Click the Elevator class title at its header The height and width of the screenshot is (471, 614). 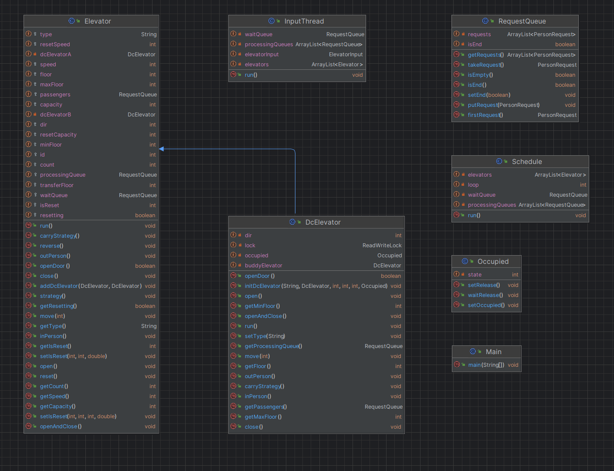pos(98,21)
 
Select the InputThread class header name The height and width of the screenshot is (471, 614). pos(304,21)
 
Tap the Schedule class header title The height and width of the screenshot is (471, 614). pos(527,161)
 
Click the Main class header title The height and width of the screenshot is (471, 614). pos(494,352)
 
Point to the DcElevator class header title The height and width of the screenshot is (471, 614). pos(323,222)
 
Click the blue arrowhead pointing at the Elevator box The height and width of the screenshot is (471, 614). pos(162,149)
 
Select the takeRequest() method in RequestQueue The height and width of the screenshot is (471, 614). pos(486,65)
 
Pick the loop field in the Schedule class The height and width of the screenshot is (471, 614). pos(473,185)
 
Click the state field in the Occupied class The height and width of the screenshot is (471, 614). pos(475,274)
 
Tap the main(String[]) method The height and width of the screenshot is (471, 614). pos(486,365)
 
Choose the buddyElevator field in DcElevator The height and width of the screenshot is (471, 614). pos(263,266)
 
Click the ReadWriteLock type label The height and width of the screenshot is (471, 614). pos(382,246)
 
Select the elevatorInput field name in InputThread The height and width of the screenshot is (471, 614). pos(261,54)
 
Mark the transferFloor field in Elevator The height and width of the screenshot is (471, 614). pos(57,185)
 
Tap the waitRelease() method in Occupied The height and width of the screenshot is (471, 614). pos(485,295)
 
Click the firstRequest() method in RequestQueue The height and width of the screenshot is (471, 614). pos(485,115)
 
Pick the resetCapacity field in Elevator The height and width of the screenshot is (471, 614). pos(58,135)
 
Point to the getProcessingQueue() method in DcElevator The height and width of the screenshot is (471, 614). pos(274,346)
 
